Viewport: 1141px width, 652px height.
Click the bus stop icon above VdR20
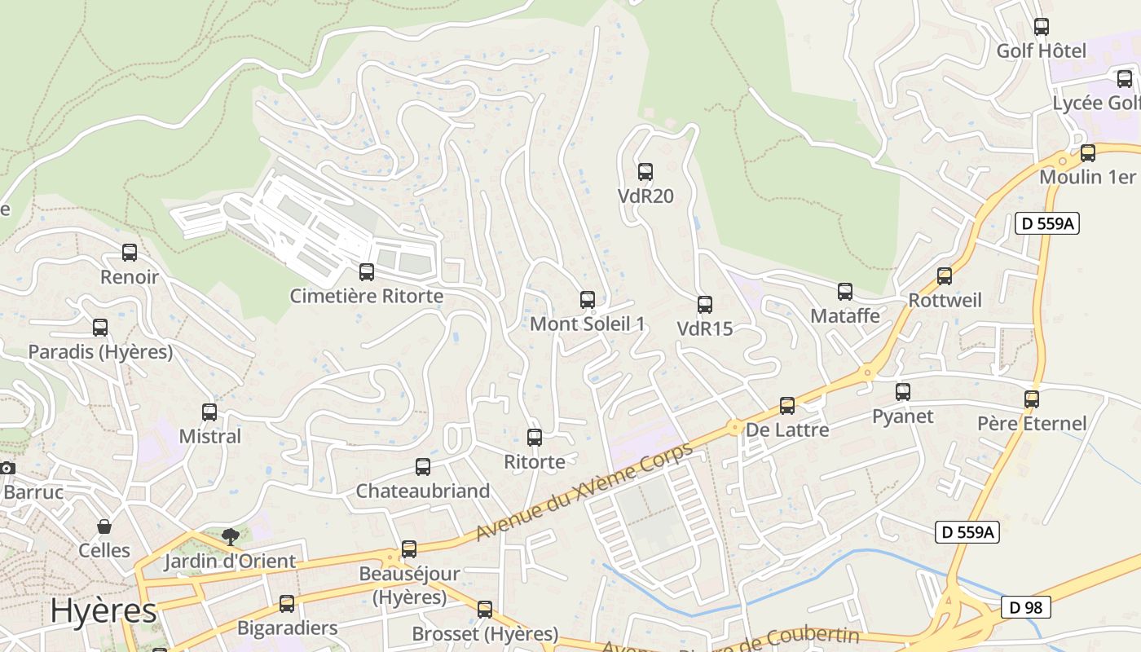(645, 171)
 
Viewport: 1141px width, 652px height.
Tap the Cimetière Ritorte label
(367, 296)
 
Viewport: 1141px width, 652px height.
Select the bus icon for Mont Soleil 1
(588, 299)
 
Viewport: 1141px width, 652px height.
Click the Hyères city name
(104, 610)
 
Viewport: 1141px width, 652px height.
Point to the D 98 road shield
(1026, 607)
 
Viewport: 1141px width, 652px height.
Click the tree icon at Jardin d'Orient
(231, 536)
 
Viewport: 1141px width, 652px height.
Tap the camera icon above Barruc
(7, 468)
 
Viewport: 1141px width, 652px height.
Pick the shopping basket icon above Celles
(104, 526)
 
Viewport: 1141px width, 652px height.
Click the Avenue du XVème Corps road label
(584, 491)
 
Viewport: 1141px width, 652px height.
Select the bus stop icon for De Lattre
(787, 405)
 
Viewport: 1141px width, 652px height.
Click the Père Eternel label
(1032, 424)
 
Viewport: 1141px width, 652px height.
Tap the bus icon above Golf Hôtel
(1042, 26)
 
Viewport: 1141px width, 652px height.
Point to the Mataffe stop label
(845, 316)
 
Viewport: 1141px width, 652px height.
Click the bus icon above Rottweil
(945, 275)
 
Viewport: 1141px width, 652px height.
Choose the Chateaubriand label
(423, 491)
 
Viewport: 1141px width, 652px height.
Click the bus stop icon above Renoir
(130, 253)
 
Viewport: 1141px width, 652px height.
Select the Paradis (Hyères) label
(100, 352)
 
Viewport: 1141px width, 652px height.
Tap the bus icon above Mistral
(209, 412)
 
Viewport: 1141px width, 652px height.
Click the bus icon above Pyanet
(903, 391)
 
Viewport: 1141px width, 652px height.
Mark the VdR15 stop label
(705, 329)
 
